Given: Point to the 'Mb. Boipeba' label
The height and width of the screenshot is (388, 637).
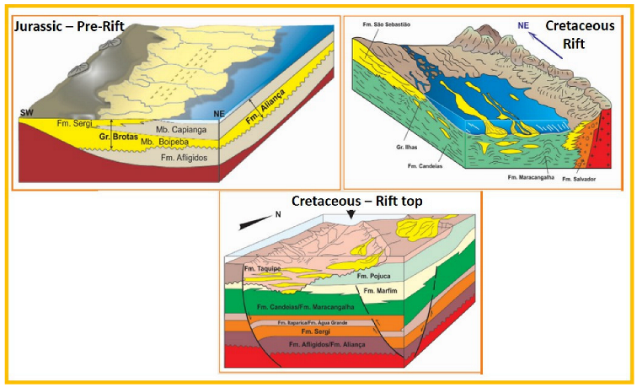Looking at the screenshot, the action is click(175, 143).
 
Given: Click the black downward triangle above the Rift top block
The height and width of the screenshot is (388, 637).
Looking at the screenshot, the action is click(351, 218).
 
